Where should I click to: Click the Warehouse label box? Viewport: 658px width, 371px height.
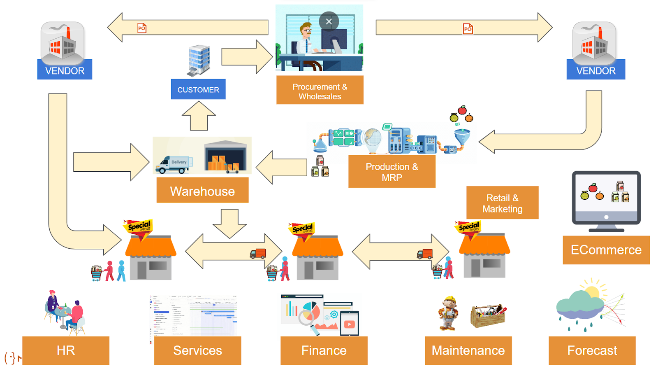click(202, 190)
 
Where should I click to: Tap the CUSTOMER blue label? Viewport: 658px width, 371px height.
click(198, 89)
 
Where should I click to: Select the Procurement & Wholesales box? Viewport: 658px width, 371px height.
click(320, 90)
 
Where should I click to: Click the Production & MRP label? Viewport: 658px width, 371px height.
click(392, 172)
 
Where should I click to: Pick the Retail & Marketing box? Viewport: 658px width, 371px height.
click(502, 203)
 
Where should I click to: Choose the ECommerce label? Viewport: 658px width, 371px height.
click(606, 250)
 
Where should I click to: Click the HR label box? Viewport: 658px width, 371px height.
click(66, 350)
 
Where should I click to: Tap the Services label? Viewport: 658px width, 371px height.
click(197, 350)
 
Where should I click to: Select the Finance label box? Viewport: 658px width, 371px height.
click(324, 350)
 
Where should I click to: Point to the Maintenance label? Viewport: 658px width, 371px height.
click(468, 350)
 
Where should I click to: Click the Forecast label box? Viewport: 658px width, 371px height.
click(592, 350)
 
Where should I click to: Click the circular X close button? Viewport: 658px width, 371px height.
click(329, 21)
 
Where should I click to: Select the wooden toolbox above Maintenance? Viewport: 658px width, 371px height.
click(488, 315)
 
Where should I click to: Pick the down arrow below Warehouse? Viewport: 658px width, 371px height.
click(229, 223)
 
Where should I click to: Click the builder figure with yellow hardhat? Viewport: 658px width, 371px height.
click(448, 313)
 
